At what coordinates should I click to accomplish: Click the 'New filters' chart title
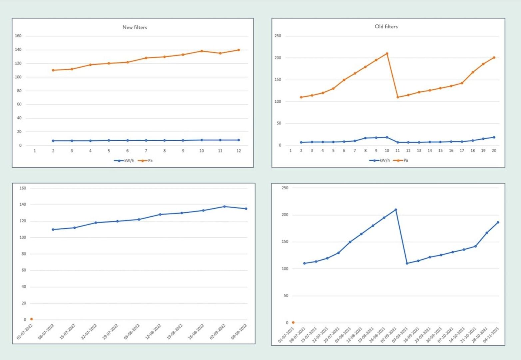(135, 27)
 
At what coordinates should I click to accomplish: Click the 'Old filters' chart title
(386, 26)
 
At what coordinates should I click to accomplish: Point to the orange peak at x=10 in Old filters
(387, 53)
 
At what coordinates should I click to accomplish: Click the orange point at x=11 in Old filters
(397, 97)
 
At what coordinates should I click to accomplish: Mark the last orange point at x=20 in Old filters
(494, 57)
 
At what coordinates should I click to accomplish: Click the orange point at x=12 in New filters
(239, 50)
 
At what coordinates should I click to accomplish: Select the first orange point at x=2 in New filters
(53, 70)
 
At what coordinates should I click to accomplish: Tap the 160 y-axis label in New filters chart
(18, 36)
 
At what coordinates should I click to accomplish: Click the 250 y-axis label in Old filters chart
(277, 36)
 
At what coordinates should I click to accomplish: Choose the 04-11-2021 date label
(491, 335)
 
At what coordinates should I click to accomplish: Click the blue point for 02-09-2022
(225, 207)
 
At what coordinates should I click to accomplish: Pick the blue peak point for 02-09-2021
(395, 210)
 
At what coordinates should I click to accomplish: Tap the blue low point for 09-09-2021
(407, 263)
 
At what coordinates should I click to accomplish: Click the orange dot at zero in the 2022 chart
(31, 319)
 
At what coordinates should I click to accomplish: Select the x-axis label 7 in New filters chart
(146, 151)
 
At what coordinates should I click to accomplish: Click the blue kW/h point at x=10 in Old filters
(387, 137)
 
